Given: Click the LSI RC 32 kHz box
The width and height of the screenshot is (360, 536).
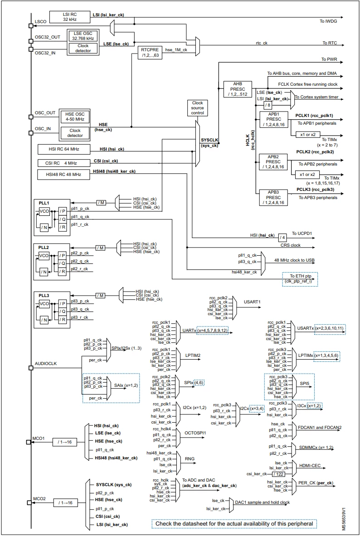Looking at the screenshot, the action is [70, 17].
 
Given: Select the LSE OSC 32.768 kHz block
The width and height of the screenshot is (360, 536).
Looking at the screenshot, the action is [83, 36].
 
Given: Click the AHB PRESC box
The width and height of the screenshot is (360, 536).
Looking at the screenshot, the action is [238, 89].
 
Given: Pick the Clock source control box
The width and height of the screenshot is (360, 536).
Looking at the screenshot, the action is [197, 108].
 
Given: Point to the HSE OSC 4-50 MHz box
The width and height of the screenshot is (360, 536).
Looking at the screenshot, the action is [74, 117].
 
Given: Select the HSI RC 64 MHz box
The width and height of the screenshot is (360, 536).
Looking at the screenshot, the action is [64, 149].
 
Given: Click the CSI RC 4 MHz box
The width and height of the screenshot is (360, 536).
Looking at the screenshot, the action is [63, 163].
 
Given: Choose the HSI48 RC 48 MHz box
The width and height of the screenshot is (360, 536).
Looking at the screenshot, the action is [63, 174].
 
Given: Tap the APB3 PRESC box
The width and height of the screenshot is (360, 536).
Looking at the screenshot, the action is [273, 198].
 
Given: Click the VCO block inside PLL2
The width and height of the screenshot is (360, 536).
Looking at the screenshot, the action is [44, 256].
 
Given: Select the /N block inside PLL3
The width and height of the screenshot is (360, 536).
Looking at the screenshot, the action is [44, 320].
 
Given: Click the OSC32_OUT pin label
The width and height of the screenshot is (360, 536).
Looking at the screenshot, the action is [48, 37].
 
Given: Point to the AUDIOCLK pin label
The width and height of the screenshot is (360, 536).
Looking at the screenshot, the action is [46, 364].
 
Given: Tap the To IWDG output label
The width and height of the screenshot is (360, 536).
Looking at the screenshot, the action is [328, 21].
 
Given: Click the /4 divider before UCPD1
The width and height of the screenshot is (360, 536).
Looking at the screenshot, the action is [282, 237].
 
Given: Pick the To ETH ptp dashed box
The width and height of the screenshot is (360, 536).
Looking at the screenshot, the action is [299, 278].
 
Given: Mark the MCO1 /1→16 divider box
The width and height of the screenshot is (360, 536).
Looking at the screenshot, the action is [65, 442].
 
